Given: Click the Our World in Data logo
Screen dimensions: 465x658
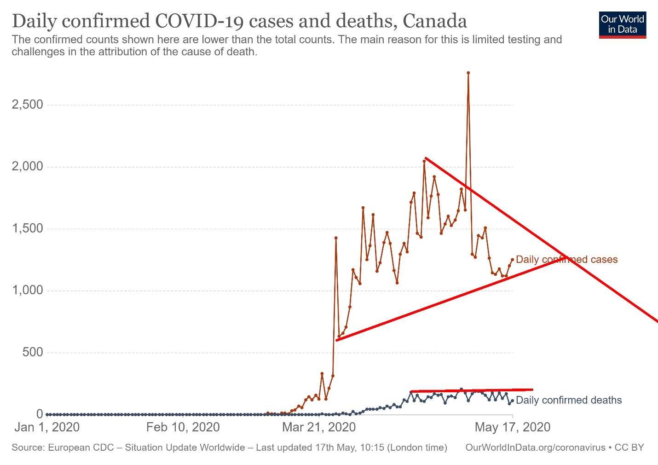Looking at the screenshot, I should pyautogui.click(x=623, y=25).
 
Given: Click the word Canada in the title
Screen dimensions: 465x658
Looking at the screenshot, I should pyautogui.click(x=434, y=21).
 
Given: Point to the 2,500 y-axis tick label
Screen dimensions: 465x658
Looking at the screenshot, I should pyautogui.click(x=27, y=105).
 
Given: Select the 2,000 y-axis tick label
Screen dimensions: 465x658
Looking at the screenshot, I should pyautogui.click(x=27, y=166).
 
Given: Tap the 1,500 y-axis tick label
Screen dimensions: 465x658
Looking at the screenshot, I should pyautogui.click(x=27, y=228).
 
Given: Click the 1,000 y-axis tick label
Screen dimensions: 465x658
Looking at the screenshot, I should pyautogui.click(x=27, y=291).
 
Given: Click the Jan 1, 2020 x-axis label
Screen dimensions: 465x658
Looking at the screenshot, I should pyautogui.click(x=47, y=427).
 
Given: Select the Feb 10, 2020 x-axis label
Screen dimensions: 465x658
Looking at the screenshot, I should pyautogui.click(x=183, y=427).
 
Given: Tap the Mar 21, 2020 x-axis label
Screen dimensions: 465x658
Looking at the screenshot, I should pyautogui.click(x=319, y=427).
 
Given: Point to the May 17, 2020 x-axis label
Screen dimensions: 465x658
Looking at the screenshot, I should pyautogui.click(x=513, y=427).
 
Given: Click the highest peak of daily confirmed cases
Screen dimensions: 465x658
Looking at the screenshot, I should pyautogui.click(x=468, y=73).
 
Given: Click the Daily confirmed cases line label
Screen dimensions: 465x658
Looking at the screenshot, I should pyautogui.click(x=566, y=260).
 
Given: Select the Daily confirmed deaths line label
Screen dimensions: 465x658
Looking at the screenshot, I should pyautogui.click(x=569, y=400).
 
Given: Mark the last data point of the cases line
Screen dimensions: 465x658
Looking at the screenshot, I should pyautogui.click(x=512, y=260).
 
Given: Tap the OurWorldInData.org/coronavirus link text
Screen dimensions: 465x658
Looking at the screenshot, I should pyautogui.click(x=535, y=448).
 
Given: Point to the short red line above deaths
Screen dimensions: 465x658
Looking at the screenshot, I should pyautogui.click(x=471, y=390).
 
